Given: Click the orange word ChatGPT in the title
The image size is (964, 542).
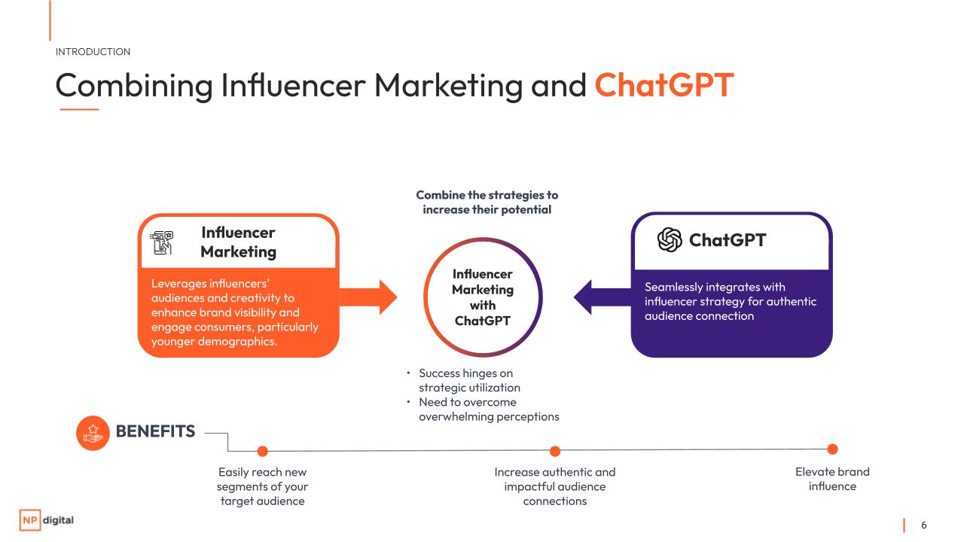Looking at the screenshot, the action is pos(664,85).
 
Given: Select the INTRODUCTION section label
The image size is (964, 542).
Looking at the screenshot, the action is pos(93,52).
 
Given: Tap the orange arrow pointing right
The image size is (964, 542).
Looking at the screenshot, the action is pos(368,297).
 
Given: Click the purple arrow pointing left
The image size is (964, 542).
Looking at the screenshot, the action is pos(602,297).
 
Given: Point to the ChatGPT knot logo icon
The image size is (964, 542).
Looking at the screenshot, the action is pos(670,239).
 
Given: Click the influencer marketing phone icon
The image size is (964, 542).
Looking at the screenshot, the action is pos(161,242).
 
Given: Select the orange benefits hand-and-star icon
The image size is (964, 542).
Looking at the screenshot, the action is pos(93,433).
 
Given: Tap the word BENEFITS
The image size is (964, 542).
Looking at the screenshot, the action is pos(155,431).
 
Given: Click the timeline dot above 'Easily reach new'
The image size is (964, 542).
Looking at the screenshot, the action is pos(263,451).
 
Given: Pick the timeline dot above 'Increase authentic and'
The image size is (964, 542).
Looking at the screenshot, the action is pos(555,451).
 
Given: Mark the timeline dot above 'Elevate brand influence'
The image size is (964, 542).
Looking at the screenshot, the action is pos(833,449).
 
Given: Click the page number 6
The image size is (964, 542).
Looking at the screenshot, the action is pos(923,525).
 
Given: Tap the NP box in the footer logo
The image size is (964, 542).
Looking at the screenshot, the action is pos(30,520).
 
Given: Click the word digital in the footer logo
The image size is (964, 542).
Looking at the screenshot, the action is pos(59,520).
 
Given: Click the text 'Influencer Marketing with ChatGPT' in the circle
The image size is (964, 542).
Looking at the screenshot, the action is pos(483,297).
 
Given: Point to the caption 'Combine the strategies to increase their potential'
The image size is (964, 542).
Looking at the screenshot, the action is pos(487,202).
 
